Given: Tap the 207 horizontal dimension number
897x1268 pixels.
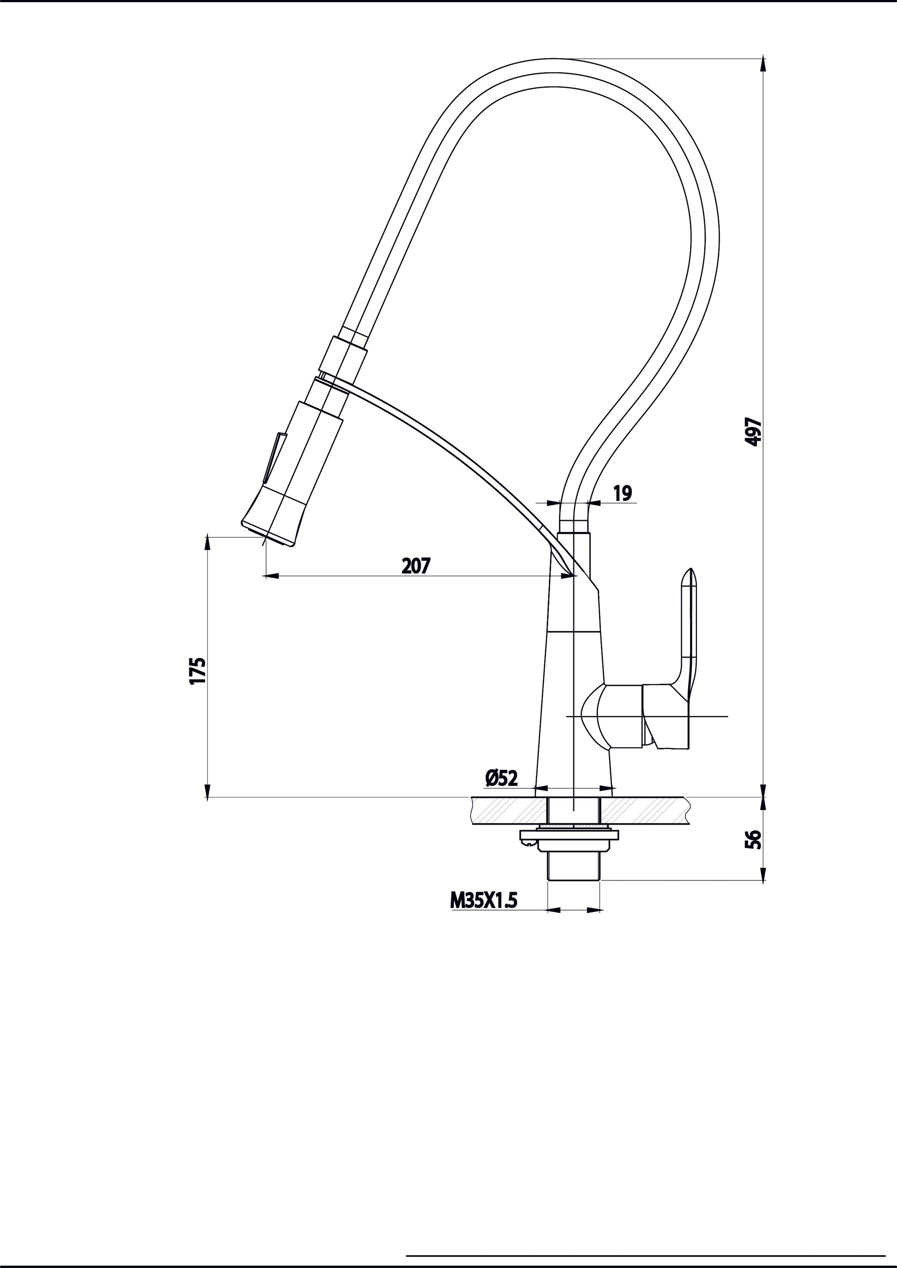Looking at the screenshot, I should [x=416, y=566].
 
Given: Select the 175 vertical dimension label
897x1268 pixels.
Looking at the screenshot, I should [x=198, y=671].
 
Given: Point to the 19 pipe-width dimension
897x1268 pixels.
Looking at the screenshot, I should [x=622, y=493].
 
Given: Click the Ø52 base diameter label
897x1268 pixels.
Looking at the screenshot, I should [x=502, y=778].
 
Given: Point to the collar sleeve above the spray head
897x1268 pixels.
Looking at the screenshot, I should [x=342, y=356].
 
